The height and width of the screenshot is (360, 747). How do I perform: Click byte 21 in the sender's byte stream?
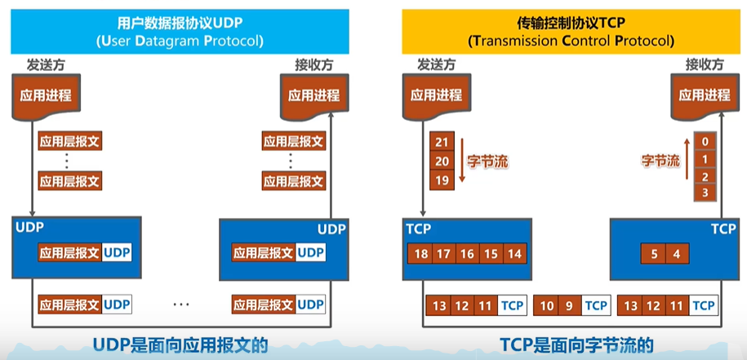442,141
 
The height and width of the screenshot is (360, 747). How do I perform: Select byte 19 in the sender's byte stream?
442,180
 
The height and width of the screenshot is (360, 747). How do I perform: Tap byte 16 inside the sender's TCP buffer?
467,253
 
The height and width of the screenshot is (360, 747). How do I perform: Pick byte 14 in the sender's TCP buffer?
515,253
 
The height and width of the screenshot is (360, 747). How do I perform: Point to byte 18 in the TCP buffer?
420,253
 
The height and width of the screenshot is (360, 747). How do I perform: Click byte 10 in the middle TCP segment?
546,305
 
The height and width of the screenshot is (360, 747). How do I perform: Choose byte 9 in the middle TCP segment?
569,305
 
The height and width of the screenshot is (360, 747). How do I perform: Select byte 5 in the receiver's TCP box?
654,254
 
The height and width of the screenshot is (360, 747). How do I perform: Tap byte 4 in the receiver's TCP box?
677,254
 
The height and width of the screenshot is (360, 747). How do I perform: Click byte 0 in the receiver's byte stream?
705,141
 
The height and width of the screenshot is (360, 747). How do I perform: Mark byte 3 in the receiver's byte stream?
705,193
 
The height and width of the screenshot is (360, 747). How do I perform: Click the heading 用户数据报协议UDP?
180,23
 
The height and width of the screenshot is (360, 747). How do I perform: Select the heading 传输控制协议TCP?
571,22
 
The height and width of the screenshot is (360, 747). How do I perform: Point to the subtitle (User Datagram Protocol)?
180,41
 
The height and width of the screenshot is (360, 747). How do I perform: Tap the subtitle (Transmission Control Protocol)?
571,41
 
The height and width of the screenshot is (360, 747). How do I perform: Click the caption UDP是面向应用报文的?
180,344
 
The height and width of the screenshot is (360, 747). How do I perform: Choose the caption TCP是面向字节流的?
576,344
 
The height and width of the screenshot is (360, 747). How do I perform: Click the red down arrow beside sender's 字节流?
461,160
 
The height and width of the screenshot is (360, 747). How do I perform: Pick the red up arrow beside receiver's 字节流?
687,159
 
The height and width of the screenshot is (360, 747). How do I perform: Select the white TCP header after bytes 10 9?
596,305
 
